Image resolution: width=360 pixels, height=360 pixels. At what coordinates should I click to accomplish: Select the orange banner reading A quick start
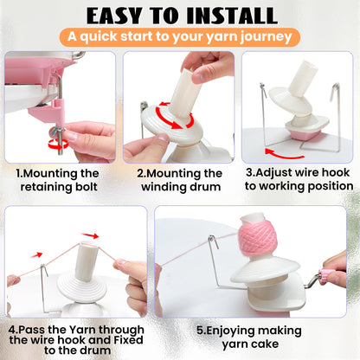click(x=180, y=38)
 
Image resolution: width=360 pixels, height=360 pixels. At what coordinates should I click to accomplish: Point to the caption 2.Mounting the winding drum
click(x=180, y=179)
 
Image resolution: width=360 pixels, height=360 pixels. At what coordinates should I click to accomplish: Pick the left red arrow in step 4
click(x=36, y=254)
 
